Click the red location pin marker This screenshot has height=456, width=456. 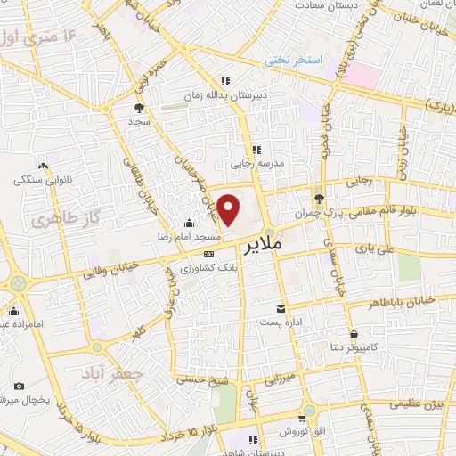click(229, 209)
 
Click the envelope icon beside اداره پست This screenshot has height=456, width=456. click(281, 307)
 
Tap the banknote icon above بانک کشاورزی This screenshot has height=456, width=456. click(208, 255)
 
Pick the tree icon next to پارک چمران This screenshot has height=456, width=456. click(319, 197)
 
